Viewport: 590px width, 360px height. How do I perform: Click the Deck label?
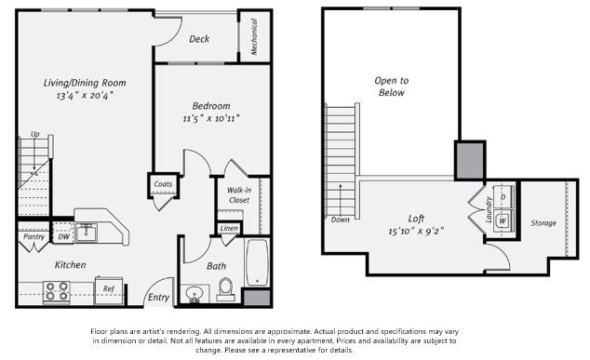(x=198, y=39)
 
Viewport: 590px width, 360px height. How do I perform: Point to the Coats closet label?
(x=163, y=184)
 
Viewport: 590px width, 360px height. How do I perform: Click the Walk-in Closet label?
(x=238, y=195)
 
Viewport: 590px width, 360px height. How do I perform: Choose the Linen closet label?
(x=229, y=228)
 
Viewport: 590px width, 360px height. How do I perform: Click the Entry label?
(x=158, y=298)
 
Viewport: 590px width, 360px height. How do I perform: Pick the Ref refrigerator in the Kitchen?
(x=109, y=288)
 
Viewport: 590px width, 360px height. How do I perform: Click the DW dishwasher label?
(x=63, y=236)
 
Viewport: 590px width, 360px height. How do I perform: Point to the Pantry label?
(x=34, y=236)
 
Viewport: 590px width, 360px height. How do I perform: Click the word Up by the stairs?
(x=35, y=134)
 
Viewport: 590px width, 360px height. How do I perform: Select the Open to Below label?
(x=392, y=87)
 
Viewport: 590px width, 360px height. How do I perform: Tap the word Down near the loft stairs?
(x=341, y=220)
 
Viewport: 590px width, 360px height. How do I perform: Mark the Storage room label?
(x=543, y=223)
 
